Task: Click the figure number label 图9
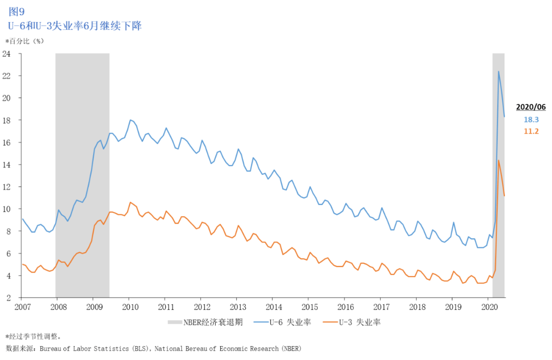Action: pos(16,11)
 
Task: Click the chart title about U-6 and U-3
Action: pos(75,26)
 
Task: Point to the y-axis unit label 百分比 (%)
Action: pos(26,40)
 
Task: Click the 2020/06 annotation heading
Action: pos(531,107)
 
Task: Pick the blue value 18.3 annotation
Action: pos(531,119)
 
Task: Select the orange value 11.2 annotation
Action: pos(531,131)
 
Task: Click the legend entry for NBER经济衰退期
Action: pos(205,322)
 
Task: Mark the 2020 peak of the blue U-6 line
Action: pos(498,72)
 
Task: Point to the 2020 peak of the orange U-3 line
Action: pos(498,160)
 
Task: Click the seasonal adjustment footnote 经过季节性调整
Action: pos(35,336)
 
